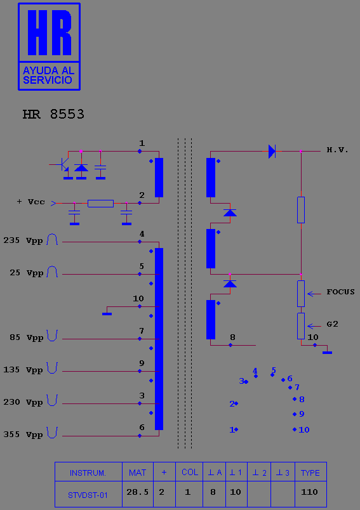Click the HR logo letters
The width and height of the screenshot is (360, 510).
pos(50,32)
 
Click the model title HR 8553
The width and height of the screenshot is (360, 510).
pos(53,114)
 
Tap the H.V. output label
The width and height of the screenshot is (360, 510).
pos(338,150)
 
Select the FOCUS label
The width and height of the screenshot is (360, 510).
pos(340,292)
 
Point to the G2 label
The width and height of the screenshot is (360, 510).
pos(332,324)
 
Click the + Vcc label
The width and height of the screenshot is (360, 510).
pos(31,202)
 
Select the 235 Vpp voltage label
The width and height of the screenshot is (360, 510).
pos(23,240)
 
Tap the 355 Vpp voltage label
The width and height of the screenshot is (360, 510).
pos(23,435)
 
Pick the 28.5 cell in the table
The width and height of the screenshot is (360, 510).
pos(137,492)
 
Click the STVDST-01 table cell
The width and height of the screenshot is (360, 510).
pos(88,495)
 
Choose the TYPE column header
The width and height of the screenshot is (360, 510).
pos(310,473)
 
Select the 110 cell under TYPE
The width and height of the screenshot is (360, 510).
pos(309,492)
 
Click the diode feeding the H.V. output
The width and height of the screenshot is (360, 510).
pos(272,151)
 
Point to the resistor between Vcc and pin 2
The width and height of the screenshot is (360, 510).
pos(100,204)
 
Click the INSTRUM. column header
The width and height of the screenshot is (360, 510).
pos(88,473)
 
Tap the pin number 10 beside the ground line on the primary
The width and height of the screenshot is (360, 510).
pos(138,299)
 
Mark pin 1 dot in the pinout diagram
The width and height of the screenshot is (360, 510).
pos(236,429)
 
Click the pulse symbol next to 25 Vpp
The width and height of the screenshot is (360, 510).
pos(52,271)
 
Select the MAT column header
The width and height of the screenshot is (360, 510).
pos(137,473)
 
